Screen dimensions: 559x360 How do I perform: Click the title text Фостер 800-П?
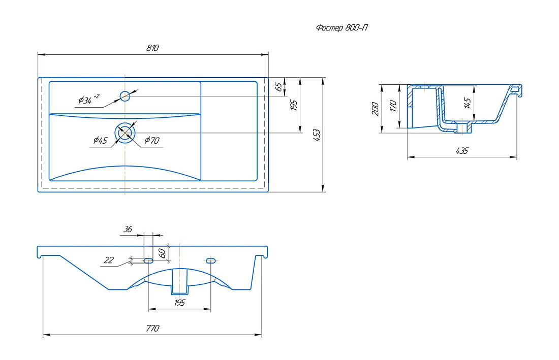tap(341, 28)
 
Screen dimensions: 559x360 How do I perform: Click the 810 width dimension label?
tap(152, 48)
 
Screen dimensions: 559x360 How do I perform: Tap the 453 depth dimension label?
tap(317, 135)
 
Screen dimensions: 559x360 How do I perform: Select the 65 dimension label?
tap(279, 86)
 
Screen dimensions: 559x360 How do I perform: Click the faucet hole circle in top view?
tap(125, 96)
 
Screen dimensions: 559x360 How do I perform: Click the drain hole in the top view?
tap(125, 133)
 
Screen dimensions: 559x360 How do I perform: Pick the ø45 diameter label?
tap(100, 140)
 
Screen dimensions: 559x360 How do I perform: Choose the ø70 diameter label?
tap(152, 140)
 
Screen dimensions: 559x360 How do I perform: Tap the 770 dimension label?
tap(152, 329)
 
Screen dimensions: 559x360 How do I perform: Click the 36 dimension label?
tap(128, 230)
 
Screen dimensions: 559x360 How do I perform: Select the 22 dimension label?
tap(109, 260)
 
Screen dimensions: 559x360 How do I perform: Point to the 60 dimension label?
tap(162, 253)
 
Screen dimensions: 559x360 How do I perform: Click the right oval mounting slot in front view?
tap(211, 260)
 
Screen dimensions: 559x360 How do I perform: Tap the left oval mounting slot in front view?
tap(148, 260)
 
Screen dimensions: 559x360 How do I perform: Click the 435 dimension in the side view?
tap(461, 151)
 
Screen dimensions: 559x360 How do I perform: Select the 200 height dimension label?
tap(375, 109)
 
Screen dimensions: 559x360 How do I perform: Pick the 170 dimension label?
tap(393, 106)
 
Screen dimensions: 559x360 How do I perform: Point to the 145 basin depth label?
tap(468, 103)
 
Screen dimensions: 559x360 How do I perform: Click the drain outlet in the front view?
tap(179, 282)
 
